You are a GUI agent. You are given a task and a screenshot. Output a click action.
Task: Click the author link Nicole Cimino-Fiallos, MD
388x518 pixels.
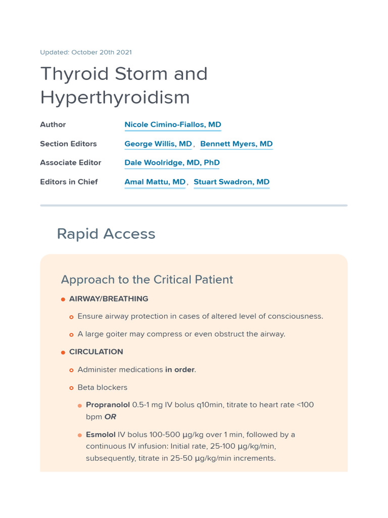click(173, 124)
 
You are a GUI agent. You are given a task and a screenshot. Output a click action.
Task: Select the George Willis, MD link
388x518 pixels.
click(158, 144)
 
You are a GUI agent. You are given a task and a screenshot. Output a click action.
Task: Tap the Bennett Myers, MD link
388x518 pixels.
click(236, 144)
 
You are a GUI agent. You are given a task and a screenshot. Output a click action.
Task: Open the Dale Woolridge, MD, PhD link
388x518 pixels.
click(172, 162)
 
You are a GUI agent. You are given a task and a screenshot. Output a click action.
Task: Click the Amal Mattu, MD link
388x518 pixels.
click(155, 182)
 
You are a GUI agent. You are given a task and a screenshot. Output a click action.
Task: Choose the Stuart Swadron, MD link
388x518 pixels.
click(231, 182)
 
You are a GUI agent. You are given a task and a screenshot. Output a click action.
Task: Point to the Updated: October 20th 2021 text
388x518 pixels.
click(86, 52)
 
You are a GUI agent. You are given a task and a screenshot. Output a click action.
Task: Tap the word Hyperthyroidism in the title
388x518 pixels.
click(115, 97)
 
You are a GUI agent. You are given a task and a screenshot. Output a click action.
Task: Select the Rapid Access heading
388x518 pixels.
click(106, 234)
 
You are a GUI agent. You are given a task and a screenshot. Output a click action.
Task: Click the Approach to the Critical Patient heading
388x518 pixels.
click(147, 279)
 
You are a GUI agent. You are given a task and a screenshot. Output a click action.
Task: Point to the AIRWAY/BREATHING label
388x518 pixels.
click(109, 299)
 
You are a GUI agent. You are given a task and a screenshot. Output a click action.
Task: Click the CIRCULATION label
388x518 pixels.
click(96, 352)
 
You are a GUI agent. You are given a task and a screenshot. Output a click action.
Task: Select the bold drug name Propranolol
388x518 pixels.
click(108, 405)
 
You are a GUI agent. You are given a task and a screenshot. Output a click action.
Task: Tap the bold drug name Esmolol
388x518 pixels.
click(101, 435)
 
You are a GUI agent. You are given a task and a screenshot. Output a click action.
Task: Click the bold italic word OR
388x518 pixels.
click(110, 417)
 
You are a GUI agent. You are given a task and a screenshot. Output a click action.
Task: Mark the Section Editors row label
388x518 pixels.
click(68, 144)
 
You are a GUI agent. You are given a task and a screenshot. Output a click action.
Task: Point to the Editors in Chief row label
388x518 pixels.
click(69, 182)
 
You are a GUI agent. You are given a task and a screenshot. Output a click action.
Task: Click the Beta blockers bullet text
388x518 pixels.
click(102, 387)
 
